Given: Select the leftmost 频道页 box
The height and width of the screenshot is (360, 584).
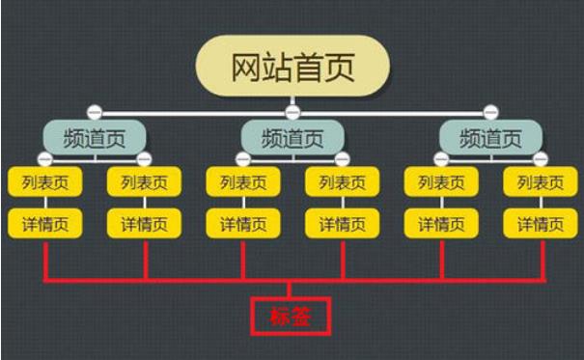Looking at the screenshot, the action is [95, 138].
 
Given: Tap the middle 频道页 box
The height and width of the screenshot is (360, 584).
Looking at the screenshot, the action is [292, 138].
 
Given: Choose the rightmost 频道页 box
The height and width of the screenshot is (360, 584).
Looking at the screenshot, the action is [491, 138].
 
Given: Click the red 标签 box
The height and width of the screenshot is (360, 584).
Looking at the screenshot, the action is [291, 316].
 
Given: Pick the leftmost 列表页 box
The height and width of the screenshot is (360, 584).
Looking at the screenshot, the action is [45, 182].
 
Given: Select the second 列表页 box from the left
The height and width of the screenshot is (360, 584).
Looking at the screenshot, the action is [144, 182].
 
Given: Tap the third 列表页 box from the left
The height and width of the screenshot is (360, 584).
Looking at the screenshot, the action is [243, 182].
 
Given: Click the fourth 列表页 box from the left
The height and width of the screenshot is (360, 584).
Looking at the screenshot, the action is [343, 182].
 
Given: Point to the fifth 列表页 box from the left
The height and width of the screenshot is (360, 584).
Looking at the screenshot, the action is [441, 182].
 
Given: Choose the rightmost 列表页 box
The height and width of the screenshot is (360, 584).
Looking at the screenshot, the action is [540, 182].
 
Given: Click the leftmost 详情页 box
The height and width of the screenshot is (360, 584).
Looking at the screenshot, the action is [45, 224].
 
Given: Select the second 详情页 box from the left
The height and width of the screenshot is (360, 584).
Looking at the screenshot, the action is [144, 224].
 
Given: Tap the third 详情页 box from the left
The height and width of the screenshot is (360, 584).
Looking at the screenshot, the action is [243, 224].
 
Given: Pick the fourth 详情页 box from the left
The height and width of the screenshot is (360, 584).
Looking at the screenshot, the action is [343, 224].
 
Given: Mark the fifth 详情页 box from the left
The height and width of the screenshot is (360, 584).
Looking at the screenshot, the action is [441, 224].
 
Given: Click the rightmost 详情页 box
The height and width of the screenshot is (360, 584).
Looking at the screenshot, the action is [540, 224].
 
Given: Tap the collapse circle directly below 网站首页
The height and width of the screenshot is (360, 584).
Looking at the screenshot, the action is [292, 111].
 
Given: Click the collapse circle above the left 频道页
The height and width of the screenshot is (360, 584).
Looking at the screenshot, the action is [94, 111].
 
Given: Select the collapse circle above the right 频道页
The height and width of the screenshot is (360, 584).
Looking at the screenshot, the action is [491, 111].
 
